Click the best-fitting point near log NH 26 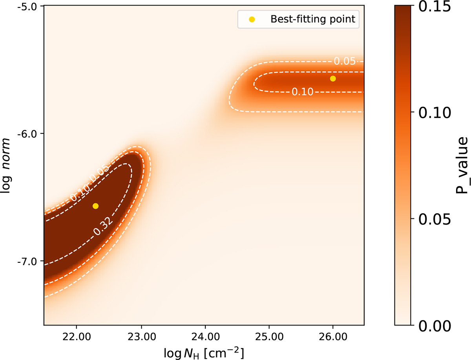tap(333, 78)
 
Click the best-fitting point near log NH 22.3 tap(95, 206)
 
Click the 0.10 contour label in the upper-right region tap(302, 92)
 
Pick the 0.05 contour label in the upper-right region tap(344, 61)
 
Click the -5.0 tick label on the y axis tap(27, 7)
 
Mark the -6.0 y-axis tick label tap(27, 134)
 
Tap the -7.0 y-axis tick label tap(27, 261)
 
